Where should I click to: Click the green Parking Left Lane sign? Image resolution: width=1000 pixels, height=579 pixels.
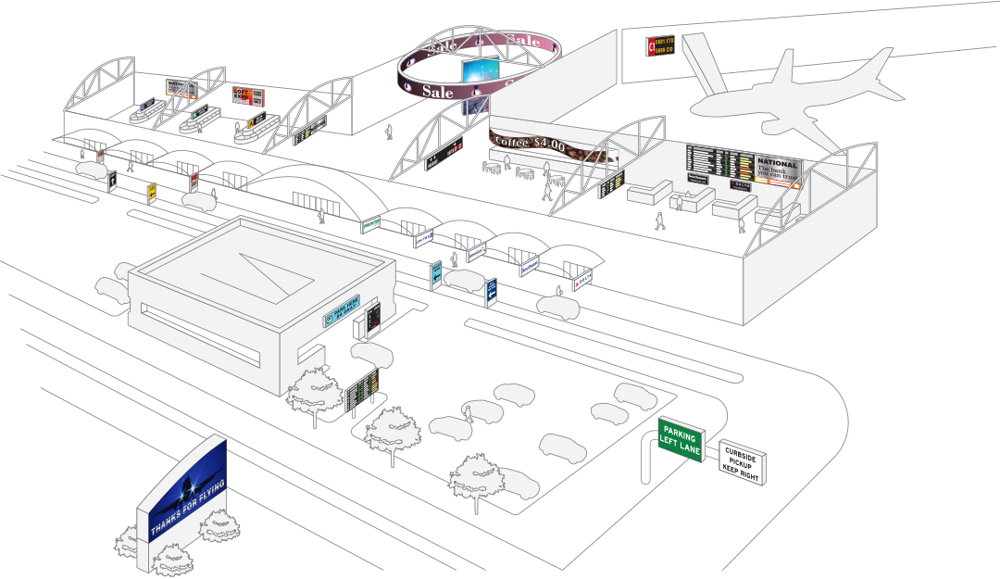click(x=681, y=439)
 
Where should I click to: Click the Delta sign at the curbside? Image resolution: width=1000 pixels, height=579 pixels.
click(x=581, y=279)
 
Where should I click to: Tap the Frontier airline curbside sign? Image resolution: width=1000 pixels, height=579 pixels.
click(x=371, y=223)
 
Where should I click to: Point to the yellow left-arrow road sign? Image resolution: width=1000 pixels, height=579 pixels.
click(x=151, y=192)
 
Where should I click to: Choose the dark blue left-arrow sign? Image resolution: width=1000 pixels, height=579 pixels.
click(x=491, y=290)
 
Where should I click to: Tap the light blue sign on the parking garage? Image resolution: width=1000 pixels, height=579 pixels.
click(x=342, y=314)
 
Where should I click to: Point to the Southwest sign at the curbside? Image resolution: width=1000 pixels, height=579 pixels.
click(x=529, y=267)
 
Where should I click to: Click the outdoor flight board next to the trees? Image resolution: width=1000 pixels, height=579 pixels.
click(x=362, y=390)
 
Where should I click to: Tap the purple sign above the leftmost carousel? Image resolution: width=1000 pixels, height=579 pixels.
click(x=145, y=102)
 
